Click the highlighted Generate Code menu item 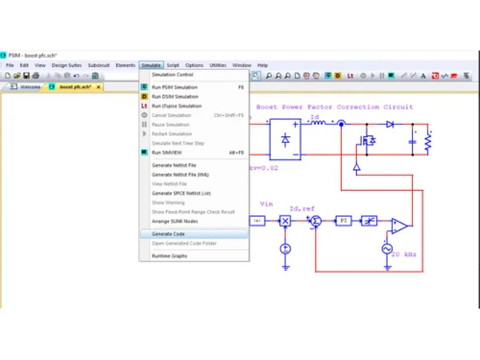[169, 233]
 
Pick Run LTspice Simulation [178, 106]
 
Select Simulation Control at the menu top [173, 74]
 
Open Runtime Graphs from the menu [170, 255]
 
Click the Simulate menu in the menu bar [151, 65]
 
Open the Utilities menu [218, 65]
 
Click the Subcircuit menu [99, 65]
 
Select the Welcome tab [30, 86]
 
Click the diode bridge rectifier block [285, 139]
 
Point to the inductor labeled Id [316, 124]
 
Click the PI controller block [343, 221]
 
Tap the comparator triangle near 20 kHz [397, 226]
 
